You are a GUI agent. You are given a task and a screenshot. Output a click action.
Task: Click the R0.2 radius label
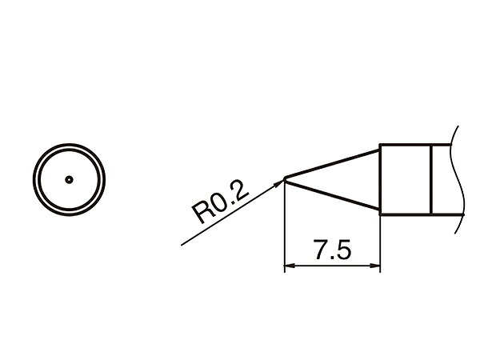221,202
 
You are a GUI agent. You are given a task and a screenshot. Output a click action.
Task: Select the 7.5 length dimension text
332,250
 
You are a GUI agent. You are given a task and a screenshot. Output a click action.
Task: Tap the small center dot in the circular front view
69,180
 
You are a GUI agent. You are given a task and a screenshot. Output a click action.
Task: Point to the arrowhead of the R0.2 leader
279,183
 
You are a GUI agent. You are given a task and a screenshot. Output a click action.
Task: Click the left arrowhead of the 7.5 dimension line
290,266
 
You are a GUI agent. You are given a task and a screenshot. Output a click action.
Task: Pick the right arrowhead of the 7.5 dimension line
375,266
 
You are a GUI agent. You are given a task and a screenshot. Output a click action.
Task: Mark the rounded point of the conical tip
286,178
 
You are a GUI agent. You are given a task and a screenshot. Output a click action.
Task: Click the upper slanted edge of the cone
333,163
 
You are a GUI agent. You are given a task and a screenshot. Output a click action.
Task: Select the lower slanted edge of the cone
333,194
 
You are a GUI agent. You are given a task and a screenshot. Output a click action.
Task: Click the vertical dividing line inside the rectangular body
431,180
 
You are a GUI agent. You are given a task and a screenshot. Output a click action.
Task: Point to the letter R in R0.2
203,213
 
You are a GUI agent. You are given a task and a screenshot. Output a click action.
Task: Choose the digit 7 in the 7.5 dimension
320,250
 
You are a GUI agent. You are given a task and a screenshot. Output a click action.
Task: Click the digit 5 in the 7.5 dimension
343,250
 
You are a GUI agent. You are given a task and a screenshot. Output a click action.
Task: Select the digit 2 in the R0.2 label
240,190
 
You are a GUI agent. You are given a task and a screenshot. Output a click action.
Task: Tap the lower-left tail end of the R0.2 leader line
182,245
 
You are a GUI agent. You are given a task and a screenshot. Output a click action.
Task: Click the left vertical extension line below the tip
285,226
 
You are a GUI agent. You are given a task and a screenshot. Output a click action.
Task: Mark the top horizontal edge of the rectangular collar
415,145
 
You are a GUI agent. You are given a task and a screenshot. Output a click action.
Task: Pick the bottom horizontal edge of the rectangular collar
422,214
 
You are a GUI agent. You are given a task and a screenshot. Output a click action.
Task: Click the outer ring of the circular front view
69,144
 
